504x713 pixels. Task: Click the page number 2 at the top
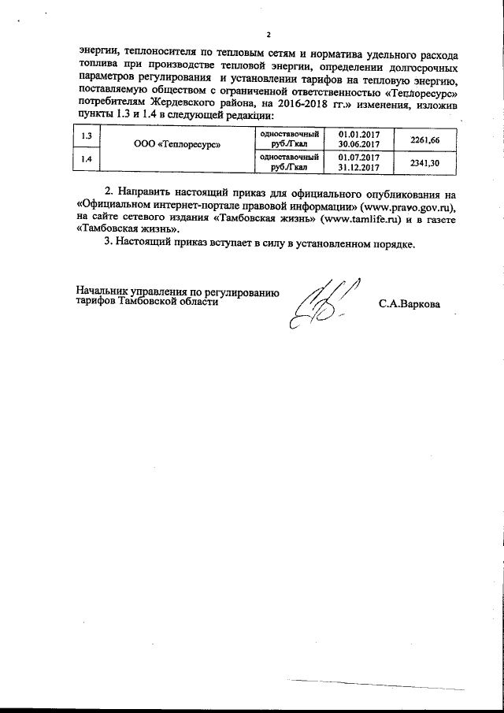pyautogui.click(x=268, y=35)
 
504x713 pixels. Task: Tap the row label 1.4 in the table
pyautogui.click(x=87, y=162)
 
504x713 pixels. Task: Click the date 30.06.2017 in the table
pyautogui.click(x=358, y=145)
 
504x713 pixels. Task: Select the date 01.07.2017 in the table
pyautogui.click(x=358, y=157)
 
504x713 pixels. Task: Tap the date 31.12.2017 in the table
pyautogui.click(x=358, y=168)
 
